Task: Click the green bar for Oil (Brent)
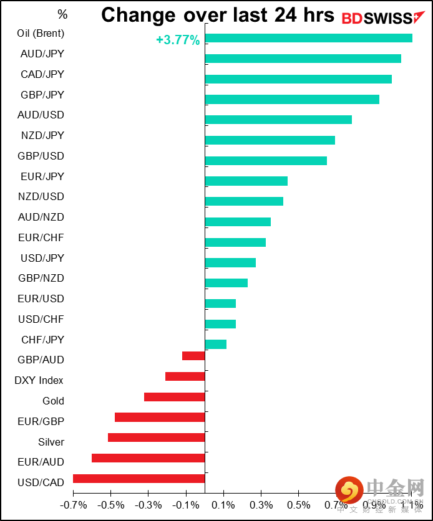(x=308, y=38)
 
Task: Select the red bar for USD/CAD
(x=139, y=479)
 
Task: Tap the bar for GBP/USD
(x=266, y=161)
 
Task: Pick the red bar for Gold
(x=174, y=397)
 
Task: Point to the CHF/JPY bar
(x=215, y=344)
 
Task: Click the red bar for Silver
(x=156, y=437)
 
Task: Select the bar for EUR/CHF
(x=235, y=242)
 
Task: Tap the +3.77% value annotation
(x=178, y=41)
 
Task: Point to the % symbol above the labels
(x=62, y=14)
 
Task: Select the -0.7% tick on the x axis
(x=74, y=504)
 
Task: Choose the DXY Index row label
(x=39, y=380)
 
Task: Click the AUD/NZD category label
(x=41, y=217)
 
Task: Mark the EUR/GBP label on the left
(x=41, y=421)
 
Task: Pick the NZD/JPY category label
(x=42, y=135)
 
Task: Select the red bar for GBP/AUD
(x=193, y=356)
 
